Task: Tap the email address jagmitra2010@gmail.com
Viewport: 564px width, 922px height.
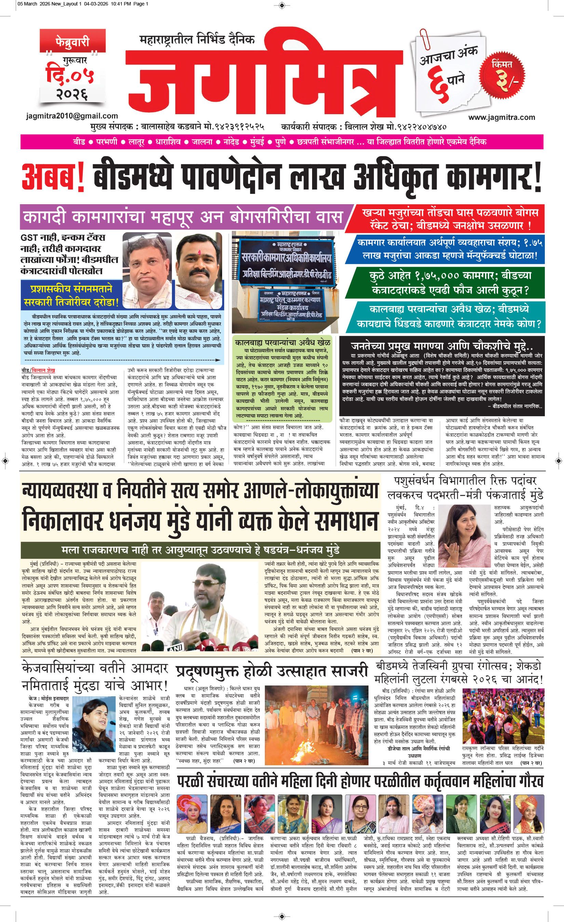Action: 72,116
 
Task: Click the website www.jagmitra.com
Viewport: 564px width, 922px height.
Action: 501,117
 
